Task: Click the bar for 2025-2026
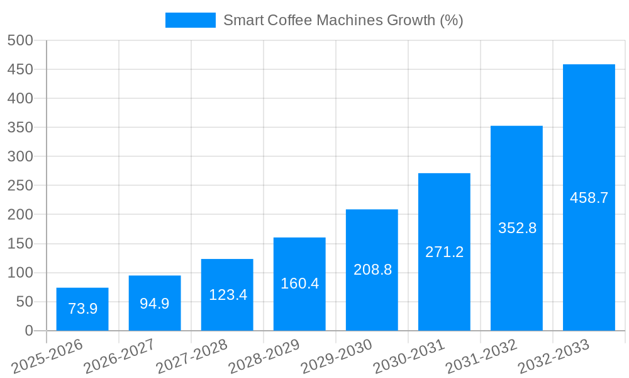(82, 309)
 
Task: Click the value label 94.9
(155, 304)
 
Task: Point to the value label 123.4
(227, 295)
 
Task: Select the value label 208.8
(372, 270)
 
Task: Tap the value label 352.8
(517, 228)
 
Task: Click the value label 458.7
(589, 198)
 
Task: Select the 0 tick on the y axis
(28, 331)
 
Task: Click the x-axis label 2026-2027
(120, 356)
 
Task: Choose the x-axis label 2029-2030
(337, 356)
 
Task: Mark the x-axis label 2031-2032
(481, 356)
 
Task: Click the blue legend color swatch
(190, 20)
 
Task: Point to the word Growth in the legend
(408, 20)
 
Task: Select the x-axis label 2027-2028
(192, 356)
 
